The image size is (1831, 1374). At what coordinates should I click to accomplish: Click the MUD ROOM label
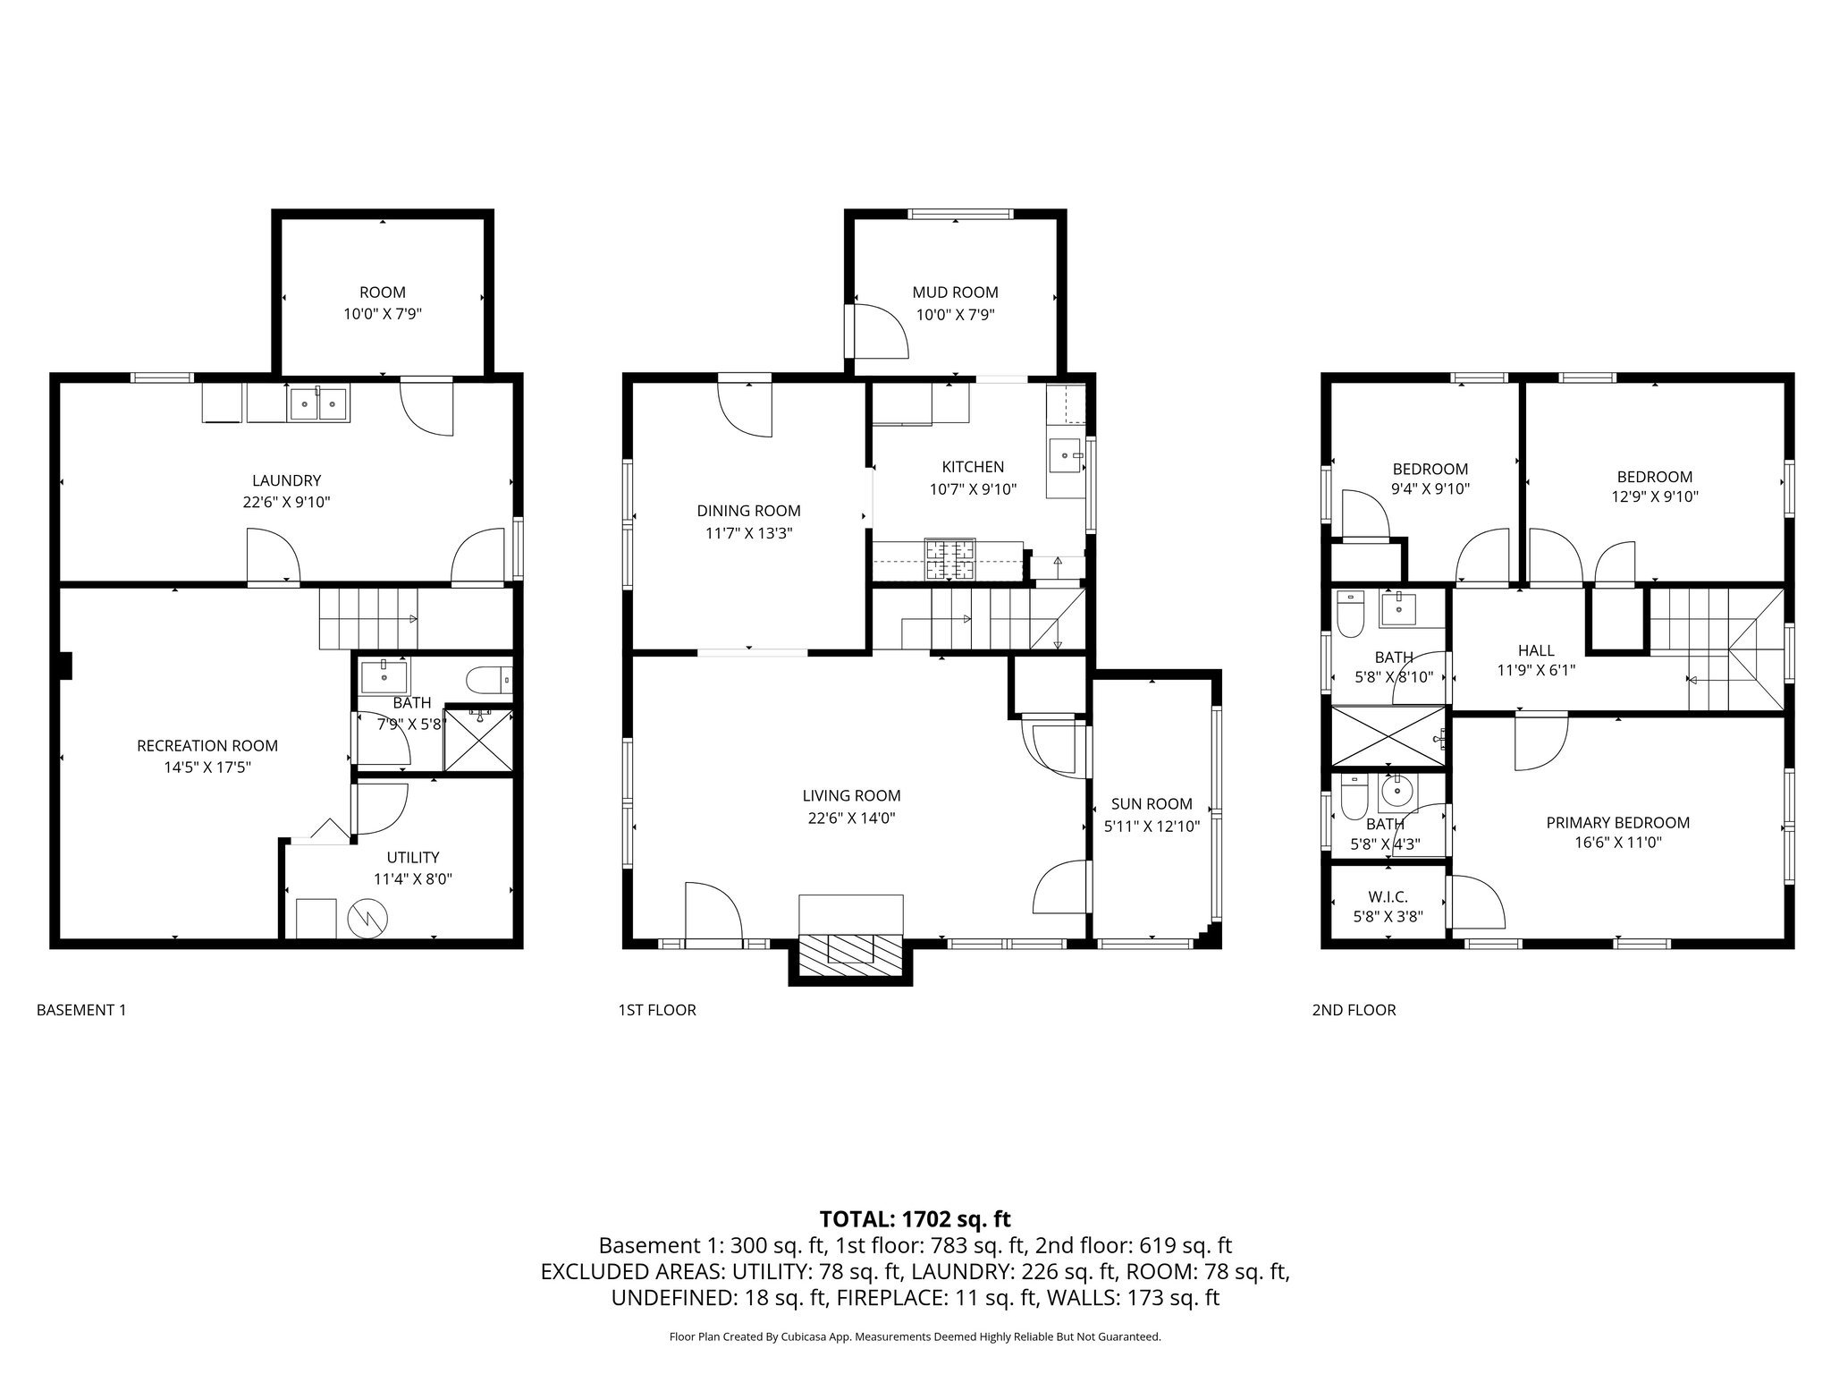click(955, 293)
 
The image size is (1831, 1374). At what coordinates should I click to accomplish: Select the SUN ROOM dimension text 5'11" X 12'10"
click(1152, 826)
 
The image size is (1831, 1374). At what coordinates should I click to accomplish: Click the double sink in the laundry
click(319, 403)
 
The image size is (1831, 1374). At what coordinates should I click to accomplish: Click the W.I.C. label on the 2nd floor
click(1388, 896)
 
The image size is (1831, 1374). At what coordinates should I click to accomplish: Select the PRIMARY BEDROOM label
click(1617, 822)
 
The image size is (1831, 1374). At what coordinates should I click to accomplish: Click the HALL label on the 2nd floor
click(1535, 650)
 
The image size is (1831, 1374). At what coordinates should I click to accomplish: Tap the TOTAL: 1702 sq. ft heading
click(915, 1218)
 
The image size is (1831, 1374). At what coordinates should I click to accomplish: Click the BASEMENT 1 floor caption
click(81, 1010)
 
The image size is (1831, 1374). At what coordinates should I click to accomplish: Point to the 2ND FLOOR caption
click(1353, 1010)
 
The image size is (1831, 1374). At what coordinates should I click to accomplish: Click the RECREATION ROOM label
click(207, 745)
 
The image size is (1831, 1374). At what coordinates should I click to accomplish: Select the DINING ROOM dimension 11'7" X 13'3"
click(748, 533)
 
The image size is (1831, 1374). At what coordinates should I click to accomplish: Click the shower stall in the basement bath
click(479, 739)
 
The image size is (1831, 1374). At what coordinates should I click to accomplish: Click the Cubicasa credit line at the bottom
click(915, 1337)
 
